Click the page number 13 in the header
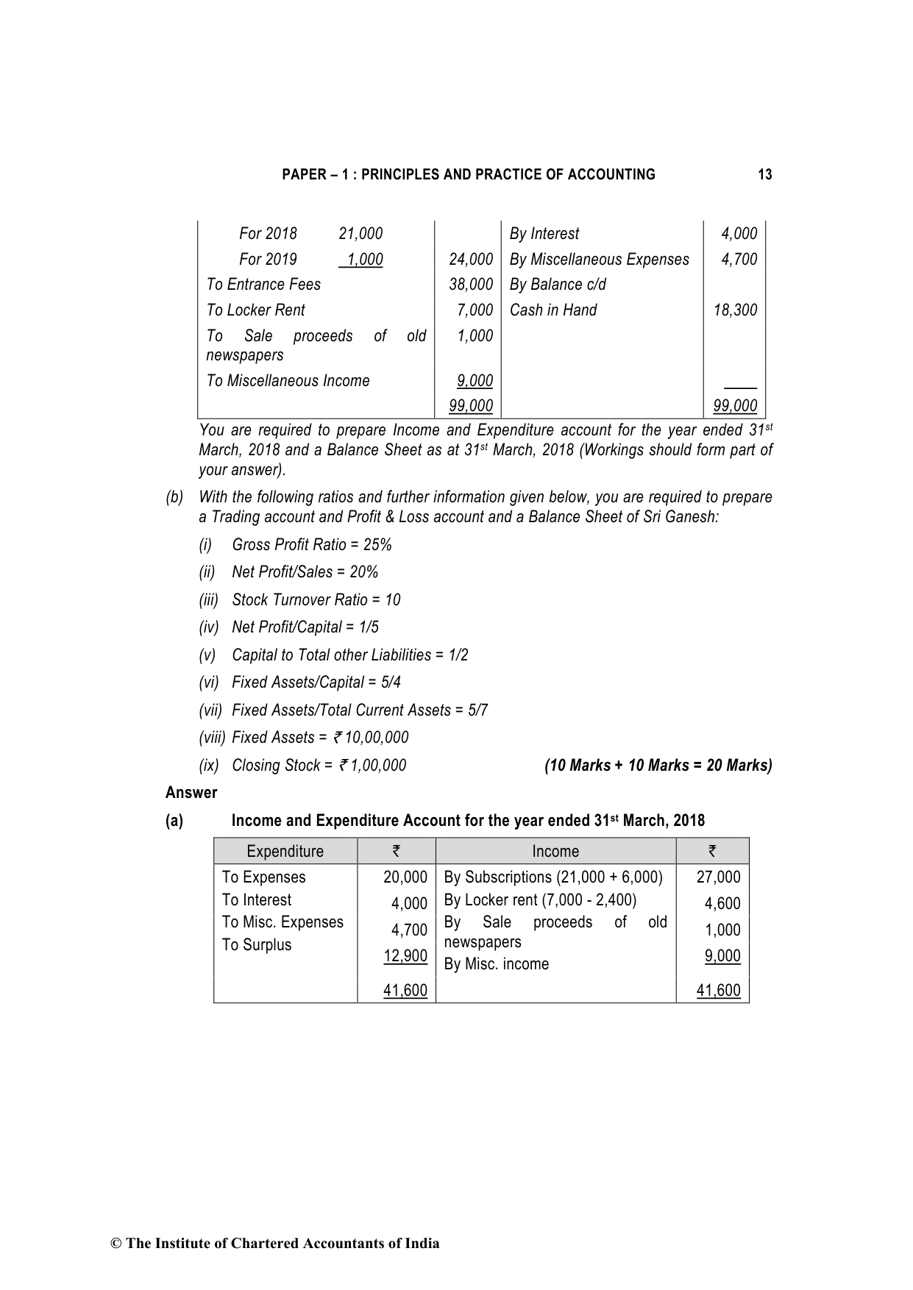tap(764, 174)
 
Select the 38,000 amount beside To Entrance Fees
tap(470, 285)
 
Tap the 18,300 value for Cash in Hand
tap(735, 310)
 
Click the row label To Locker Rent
tap(255, 310)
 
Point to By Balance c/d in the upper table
tap(558, 285)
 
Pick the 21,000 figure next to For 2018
tap(360, 234)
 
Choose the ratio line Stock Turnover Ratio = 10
tap(316, 600)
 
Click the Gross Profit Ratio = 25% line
tap(311, 545)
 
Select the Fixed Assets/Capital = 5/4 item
tap(316, 683)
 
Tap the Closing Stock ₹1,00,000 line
tap(319, 766)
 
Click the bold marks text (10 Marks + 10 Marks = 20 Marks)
tap(658, 766)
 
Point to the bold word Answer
tap(191, 793)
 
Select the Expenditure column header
tap(285, 852)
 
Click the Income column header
tap(555, 852)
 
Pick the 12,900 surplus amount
tap(405, 956)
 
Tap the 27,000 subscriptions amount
tap(718, 877)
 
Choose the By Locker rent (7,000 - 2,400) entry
tap(540, 900)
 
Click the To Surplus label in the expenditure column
tap(257, 945)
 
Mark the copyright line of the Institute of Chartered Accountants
tap(275, 1244)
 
